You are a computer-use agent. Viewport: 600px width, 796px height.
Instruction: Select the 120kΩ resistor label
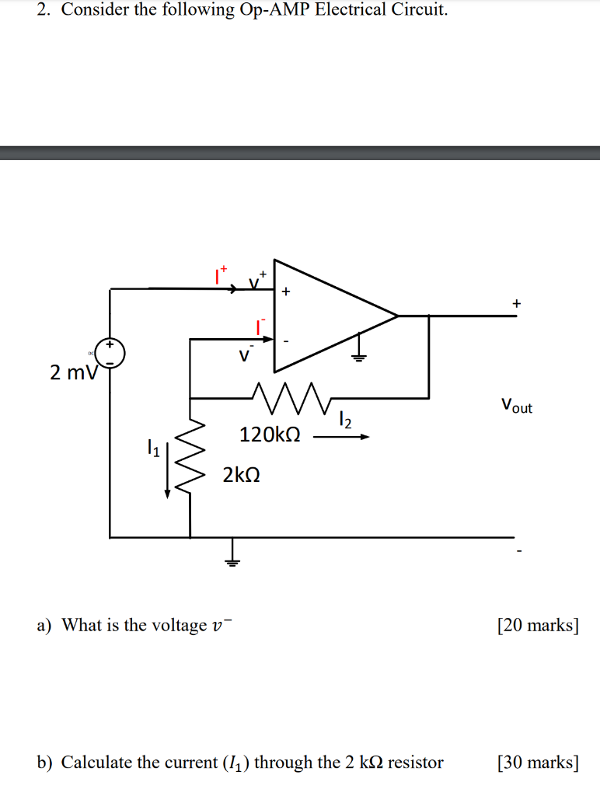coord(270,435)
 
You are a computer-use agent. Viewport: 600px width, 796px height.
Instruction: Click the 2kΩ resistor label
coord(241,473)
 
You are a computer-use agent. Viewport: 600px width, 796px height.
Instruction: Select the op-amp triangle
coord(326,316)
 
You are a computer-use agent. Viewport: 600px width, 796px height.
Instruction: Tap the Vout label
coord(517,406)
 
